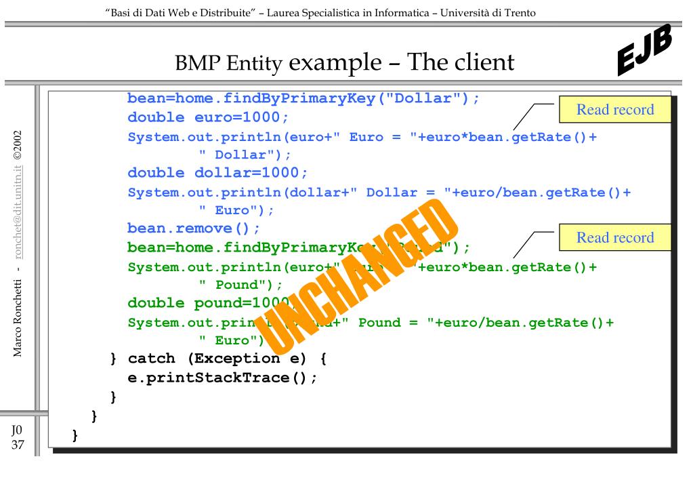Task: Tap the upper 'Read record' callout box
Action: (614, 110)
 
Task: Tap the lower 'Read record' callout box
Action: (614, 237)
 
